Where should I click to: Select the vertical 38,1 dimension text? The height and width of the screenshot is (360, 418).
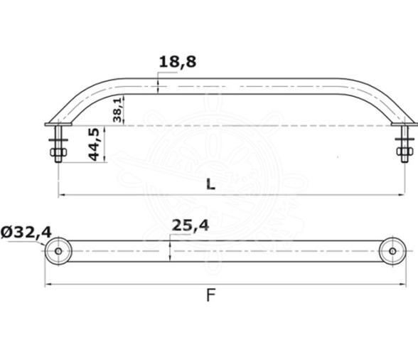point(118,110)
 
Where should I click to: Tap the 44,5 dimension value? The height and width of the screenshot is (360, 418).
point(94,145)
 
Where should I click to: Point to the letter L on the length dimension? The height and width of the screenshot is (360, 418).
point(210,184)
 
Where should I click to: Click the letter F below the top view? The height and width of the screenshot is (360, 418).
point(210,295)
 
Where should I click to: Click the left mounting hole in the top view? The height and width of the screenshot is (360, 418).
point(58,251)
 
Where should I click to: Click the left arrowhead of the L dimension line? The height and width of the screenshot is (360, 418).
point(61,195)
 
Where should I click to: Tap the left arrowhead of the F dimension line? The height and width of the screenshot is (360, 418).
point(48,285)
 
